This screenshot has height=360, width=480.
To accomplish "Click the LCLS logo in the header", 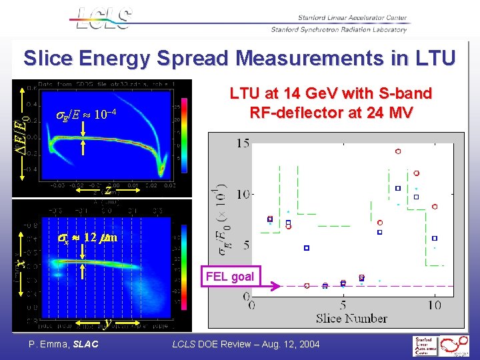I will point(103,19).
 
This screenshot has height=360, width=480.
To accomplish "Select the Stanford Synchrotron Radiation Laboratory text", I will point(338,30).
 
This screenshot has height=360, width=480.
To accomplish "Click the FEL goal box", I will point(230,277).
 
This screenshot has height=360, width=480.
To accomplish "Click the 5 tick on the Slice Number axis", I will point(343,305).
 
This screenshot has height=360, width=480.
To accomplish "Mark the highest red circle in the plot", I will point(397,152).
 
